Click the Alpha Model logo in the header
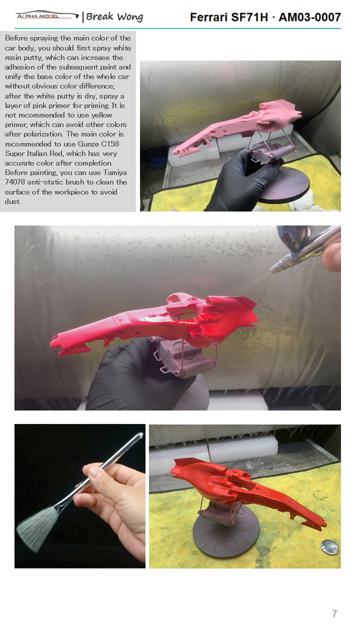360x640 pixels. pyautogui.click(x=47, y=15)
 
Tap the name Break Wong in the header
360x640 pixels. pyautogui.click(x=114, y=17)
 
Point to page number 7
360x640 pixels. pyautogui.click(x=334, y=614)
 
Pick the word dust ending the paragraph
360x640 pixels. pyautogui.click(x=12, y=201)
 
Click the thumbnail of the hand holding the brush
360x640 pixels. pyautogui.click(x=80, y=496)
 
